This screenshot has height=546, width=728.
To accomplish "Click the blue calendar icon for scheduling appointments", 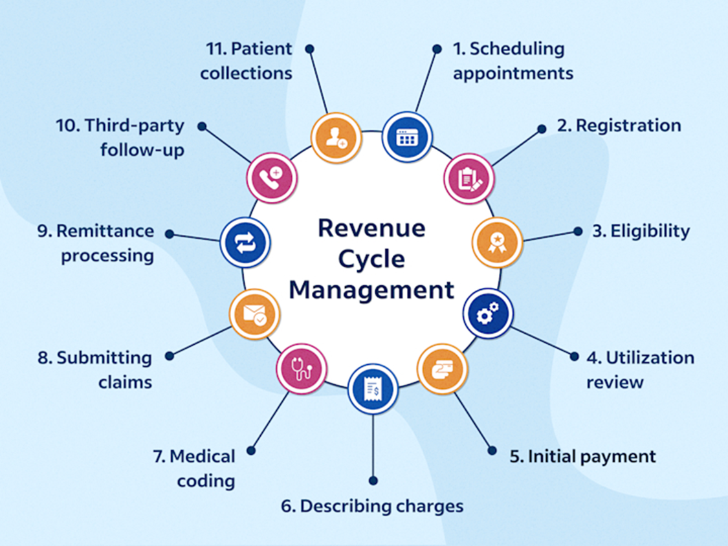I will pos(407,137).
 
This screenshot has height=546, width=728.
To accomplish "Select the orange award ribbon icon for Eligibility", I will pos(497,243).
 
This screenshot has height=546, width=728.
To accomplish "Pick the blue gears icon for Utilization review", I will pos(488,313).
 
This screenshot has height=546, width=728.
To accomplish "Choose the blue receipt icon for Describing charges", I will pos(373,388).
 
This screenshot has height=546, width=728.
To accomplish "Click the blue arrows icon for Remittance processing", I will pos(245,242).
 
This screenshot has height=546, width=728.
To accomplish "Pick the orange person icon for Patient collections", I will pos(336,137).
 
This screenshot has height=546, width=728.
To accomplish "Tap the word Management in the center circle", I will pos(371,290).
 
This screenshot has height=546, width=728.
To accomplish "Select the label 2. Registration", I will pos(619,125).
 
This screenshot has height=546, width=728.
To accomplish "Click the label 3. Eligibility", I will pos(641,231).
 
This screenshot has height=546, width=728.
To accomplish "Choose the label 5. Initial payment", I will pos(582,456).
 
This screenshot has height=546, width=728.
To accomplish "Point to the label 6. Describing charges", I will pos(372,505).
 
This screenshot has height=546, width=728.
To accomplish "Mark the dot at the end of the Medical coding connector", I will pos(252,450).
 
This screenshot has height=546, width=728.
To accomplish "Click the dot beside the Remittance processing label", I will pos(170,234).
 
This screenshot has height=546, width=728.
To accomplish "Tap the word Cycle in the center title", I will pos(371,259).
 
